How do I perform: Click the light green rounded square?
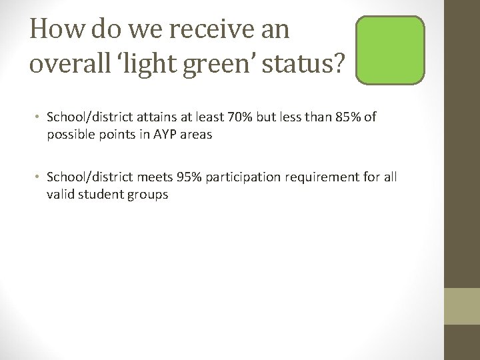click(390, 51)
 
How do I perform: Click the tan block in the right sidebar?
click(461, 306)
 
